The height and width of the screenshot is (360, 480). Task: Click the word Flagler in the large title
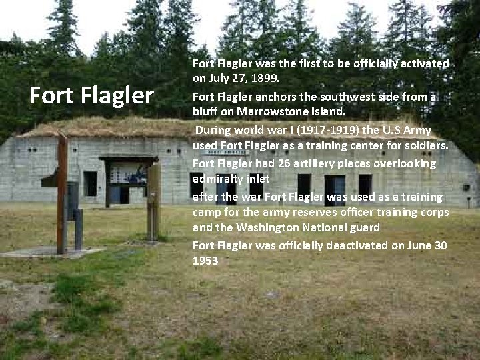[120, 95]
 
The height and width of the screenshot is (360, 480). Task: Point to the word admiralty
[219, 179]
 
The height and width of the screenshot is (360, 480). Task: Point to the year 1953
[205, 261]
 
